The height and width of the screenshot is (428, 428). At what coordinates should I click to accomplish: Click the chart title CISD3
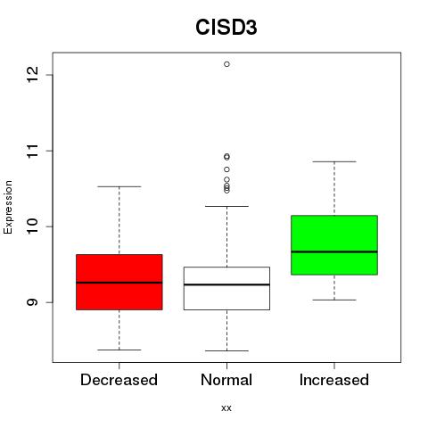226,28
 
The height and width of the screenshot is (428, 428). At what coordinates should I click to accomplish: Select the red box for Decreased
119,282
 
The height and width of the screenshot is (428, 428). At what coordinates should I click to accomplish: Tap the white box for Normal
226,288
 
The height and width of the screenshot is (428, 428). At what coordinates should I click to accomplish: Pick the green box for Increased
334,245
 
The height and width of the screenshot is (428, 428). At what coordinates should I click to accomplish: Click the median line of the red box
119,283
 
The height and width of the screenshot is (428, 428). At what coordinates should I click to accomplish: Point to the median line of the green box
334,251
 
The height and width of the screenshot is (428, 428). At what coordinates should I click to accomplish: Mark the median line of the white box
226,284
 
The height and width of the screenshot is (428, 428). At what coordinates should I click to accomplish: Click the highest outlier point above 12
226,64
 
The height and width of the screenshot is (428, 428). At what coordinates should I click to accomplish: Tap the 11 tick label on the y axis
32,151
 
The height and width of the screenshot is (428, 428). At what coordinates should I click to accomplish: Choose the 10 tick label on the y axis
32,226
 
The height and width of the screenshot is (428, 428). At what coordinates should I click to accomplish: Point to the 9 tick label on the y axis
32,302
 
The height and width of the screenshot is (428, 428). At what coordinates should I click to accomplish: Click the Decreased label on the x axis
119,380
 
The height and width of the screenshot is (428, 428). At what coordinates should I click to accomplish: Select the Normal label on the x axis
226,380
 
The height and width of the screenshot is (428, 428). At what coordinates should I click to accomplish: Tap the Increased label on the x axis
334,380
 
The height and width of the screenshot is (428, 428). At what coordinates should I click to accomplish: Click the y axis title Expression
8,207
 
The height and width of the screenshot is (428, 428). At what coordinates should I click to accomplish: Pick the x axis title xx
226,408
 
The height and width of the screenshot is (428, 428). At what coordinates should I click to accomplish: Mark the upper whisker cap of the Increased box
334,161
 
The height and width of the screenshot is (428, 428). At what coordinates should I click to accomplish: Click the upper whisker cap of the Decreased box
119,186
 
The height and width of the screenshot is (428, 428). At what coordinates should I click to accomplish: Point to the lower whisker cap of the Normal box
226,350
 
